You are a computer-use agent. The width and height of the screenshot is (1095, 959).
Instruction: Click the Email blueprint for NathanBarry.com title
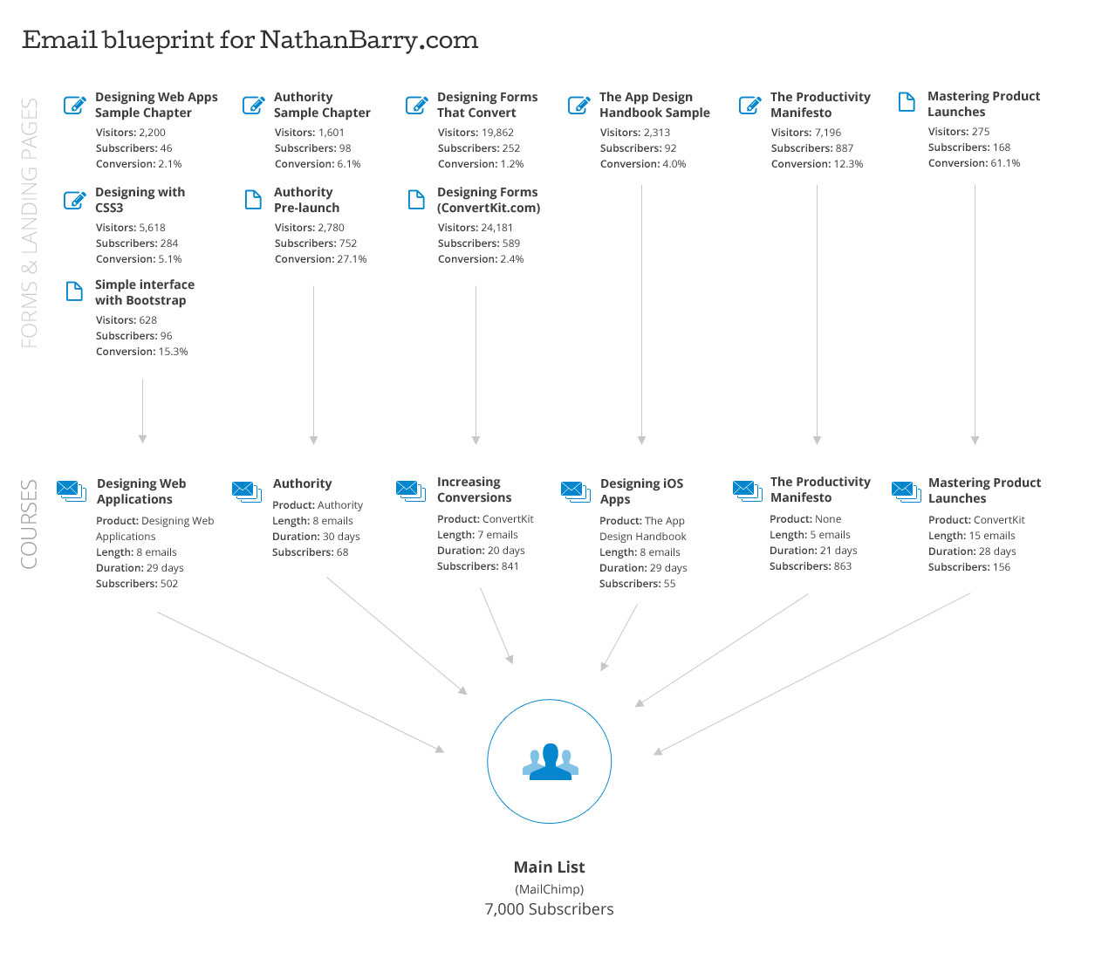tap(250, 41)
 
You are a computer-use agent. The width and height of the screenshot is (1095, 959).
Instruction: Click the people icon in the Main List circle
tap(550, 762)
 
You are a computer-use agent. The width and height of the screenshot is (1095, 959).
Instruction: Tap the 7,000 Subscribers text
tap(549, 909)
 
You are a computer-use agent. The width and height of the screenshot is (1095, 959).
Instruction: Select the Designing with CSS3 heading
tap(140, 200)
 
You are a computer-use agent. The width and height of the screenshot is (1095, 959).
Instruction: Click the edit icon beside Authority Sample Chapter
tap(253, 106)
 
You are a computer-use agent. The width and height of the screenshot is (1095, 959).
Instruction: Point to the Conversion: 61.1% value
tap(974, 163)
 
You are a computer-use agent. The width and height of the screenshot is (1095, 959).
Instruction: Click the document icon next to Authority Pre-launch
tap(253, 200)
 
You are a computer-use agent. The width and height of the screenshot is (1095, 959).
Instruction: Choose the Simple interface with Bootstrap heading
tap(144, 292)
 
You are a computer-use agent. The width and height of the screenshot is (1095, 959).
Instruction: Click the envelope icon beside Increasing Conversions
tap(410, 490)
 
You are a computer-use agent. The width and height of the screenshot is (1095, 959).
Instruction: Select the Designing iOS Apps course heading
tap(641, 491)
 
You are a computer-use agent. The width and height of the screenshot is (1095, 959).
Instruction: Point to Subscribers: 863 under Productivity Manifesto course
tap(810, 566)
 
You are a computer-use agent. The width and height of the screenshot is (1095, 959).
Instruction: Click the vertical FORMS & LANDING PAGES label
tap(30, 223)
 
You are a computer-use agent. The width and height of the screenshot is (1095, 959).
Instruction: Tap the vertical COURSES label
tap(30, 524)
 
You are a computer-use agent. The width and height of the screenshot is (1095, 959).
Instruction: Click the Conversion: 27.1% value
tap(320, 259)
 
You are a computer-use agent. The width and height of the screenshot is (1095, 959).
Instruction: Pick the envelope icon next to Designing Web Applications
tap(71, 491)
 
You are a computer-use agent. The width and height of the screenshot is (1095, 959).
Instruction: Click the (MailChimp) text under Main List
tap(549, 889)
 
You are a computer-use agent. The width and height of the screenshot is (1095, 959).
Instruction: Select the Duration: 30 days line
tap(316, 537)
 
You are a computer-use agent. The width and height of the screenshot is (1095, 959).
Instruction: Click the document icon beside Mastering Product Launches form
tap(907, 102)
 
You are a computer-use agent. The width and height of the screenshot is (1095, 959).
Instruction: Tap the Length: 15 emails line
tap(971, 536)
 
